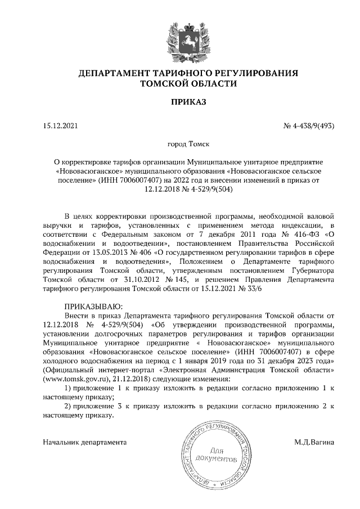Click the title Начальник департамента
pyautogui.click(x=84, y=442)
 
